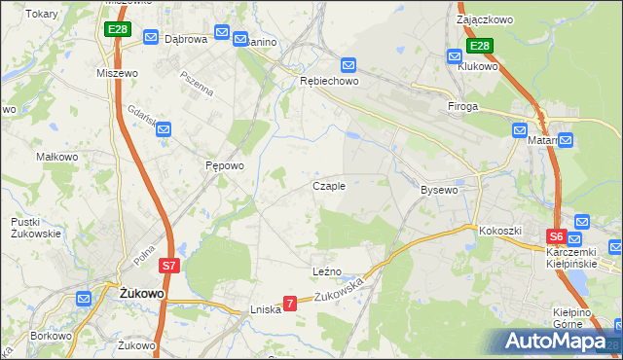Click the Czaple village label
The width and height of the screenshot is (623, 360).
328,186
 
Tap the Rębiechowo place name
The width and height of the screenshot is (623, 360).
328,82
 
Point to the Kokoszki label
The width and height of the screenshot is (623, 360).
500,231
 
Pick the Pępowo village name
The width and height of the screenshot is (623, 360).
224,166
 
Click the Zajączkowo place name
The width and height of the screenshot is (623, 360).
486,18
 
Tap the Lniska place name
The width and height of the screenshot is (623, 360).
265,308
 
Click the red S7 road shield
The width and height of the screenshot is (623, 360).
169,265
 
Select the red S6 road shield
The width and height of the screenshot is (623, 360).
556,236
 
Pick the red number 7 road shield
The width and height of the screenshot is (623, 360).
289,305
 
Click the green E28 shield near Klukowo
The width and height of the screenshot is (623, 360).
480,46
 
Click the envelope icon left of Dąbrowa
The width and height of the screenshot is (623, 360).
151,37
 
